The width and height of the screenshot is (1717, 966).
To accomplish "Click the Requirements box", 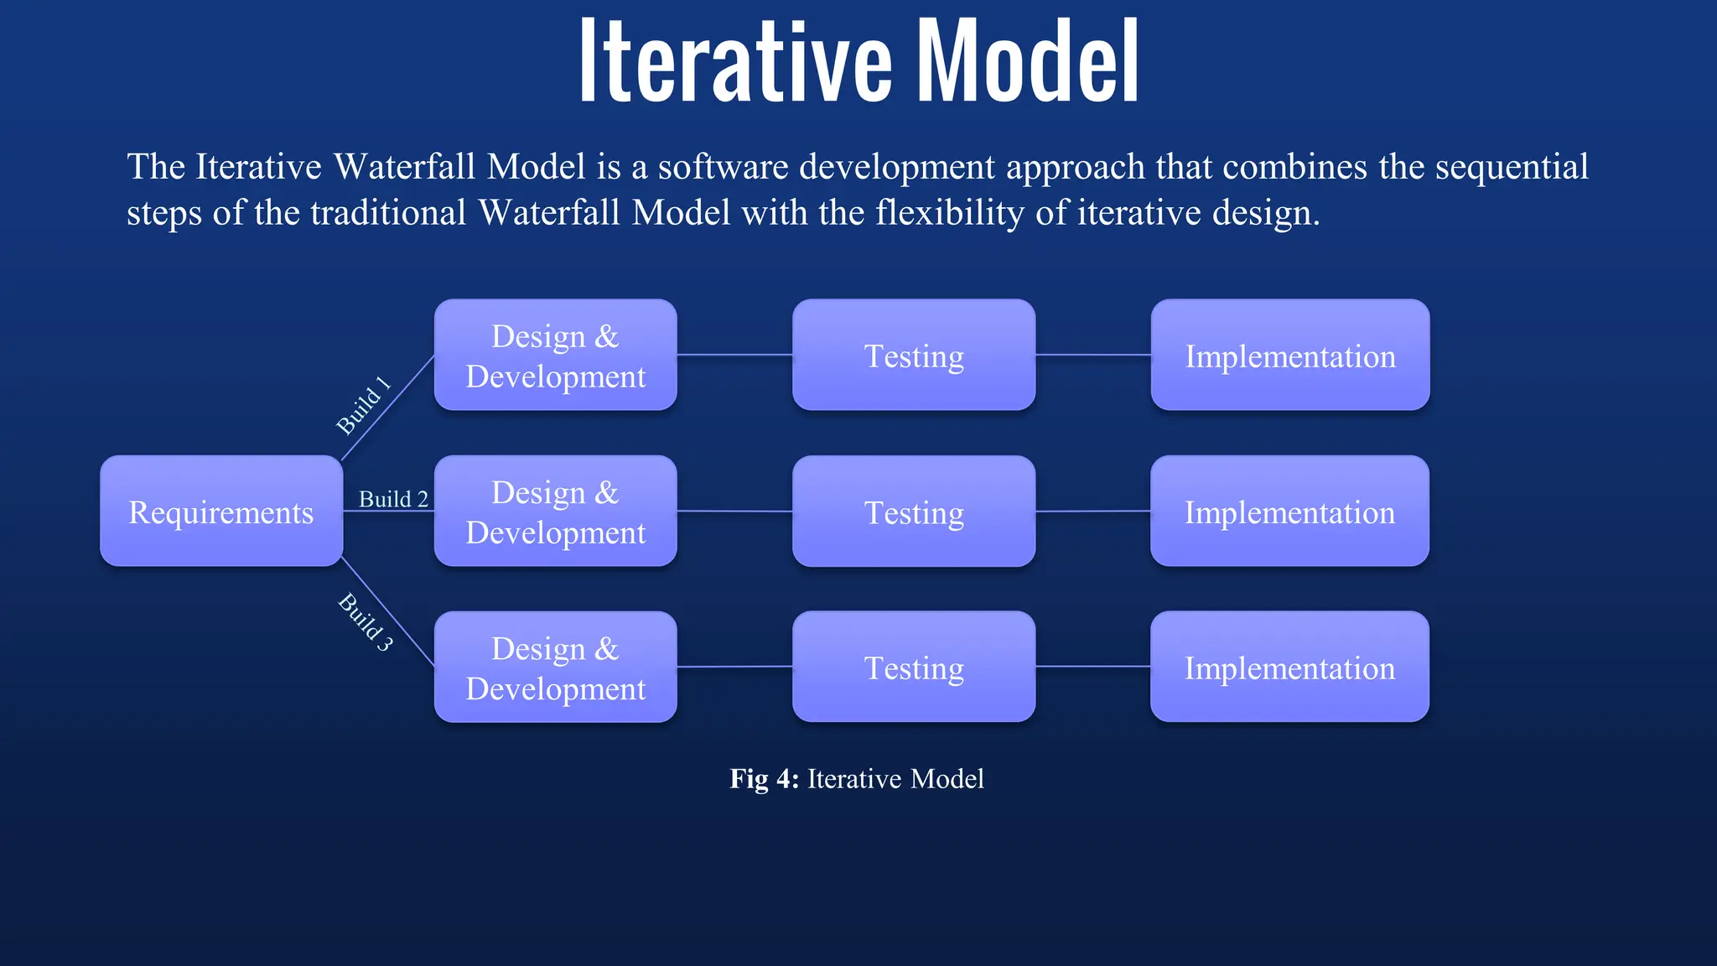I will [x=220, y=512].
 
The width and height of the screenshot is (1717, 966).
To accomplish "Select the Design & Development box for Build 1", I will [x=555, y=356].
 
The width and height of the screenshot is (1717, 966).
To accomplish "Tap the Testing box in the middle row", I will [x=913, y=512].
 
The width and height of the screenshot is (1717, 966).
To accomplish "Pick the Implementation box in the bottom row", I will [x=1289, y=667].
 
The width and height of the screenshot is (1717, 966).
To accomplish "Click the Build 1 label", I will [x=363, y=406].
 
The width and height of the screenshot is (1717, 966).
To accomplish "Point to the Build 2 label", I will [x=393, y=499].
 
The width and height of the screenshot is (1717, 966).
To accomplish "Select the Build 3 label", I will [x=366, y=621].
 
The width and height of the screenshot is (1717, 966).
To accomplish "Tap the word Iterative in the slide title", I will [x=735, y=63].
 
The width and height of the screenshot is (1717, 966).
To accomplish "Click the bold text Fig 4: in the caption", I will [x=764, y=779].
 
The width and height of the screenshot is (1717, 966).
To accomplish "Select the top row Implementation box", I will [x=1289, y=356].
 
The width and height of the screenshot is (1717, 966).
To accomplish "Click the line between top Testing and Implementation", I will [x=1092, y=355].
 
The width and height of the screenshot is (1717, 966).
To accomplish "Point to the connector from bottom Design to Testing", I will [x=734, y=667].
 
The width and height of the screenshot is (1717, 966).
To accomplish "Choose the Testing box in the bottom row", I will [x=913, y=667].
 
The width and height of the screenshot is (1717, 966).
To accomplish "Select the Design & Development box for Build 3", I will [x=555, y=667].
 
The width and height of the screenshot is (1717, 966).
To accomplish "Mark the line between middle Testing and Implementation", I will [x=1092, y=511].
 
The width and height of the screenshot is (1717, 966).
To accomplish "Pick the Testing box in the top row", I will [x=913, y=356].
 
